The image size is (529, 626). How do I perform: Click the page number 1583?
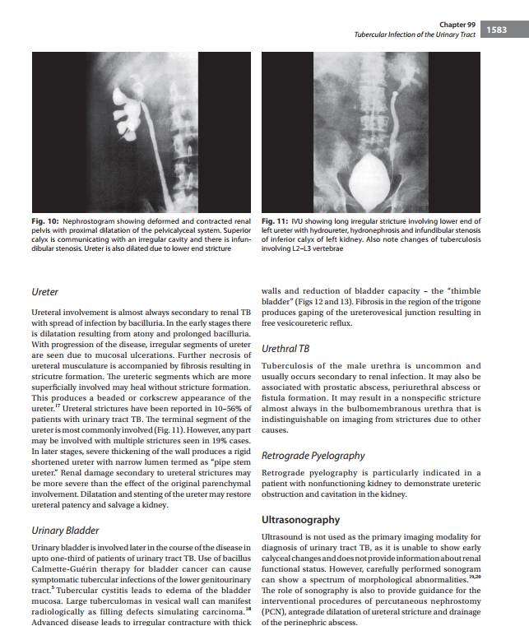pyautogui.click(x=497, y=30)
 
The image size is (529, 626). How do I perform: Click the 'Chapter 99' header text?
pyautogui.click(x=457, y=26)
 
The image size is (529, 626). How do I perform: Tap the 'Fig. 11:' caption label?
pyautogui.click(x=275, y=220)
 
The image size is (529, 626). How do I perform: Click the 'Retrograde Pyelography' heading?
pyautogui.click(x=313, y=455)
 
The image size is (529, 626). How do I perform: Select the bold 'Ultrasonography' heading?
pyautogui.click(x=300, y=520)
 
